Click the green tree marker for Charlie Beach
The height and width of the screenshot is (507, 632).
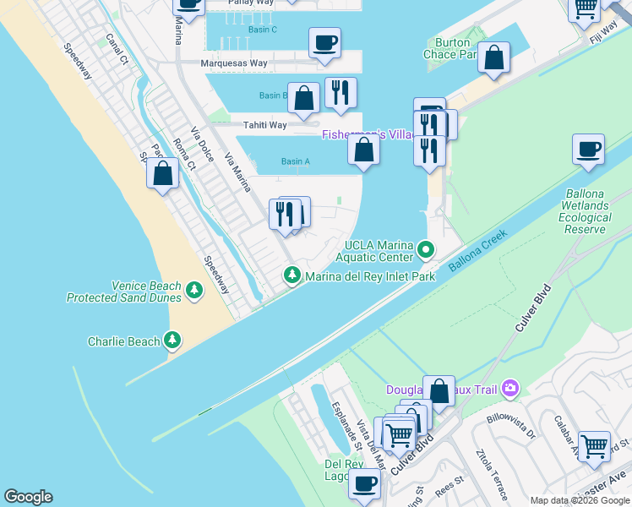[172, 341]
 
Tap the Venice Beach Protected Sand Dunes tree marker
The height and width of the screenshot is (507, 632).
[195, 291]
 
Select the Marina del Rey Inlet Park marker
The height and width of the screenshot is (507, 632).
[291, 275]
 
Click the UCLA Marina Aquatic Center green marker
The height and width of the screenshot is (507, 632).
[425, 250]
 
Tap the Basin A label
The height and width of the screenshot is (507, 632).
[296, 161]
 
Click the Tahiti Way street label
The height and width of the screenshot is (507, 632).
[264, 125]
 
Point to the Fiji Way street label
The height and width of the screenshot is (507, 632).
[603, 36]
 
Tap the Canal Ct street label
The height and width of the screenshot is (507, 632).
[116, 50]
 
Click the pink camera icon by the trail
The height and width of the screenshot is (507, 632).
[509, 389]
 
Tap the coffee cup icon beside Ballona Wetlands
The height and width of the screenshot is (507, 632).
[588, 150]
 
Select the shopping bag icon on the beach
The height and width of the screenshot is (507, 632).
[162, 174]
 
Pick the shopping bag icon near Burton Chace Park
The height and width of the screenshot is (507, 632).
[493, 57]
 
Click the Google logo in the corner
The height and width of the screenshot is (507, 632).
[28, 497]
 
